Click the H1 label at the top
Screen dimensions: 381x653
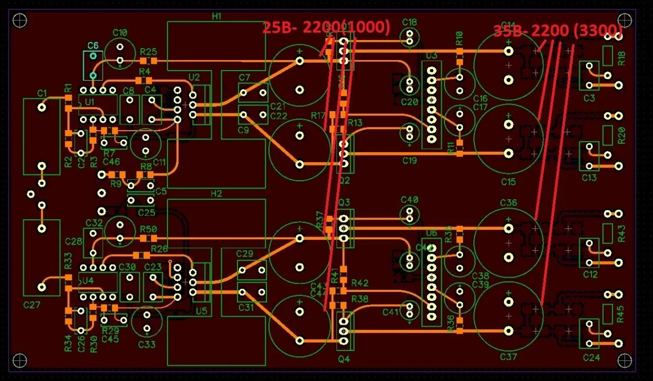pyautogui.click(x=216, y=16)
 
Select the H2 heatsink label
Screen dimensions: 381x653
pyautogui.click(x=216, y=193)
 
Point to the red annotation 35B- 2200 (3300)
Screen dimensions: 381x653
pyautogui.click(x=558, y=30)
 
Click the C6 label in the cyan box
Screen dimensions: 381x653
pyautogui.click(x=93, y=45)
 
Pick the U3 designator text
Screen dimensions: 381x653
pyautogui.click(x=432, y=55)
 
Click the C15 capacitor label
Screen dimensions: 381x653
pyautogui.click(x=509, y=182)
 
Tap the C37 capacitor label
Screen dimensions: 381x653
pyautogui.click(x=509, y=357)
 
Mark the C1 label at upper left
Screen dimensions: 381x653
pyautogui.click(x=43, y=93)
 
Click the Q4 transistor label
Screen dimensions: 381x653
pyautogui.click(x=344, y=360)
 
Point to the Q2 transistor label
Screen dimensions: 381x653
pyautogui.click(x=344, y=181)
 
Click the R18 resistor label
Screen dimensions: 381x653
pyautogui.click(x=621, y=58)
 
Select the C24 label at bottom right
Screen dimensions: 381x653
pyautogui.click(x=591, y=358)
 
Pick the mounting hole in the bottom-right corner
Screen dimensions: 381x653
pyautogui.click(x=625, y=360)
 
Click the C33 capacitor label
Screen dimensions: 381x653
pyautogui.click(x=147, y=345)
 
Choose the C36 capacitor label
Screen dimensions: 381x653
pyautogui.click(x=509, y=203)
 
